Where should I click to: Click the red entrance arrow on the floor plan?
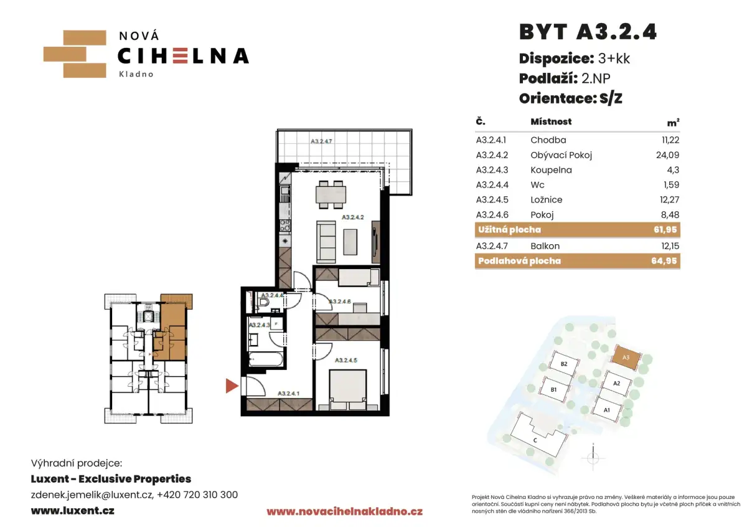tap(232, 386)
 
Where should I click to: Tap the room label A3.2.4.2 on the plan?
tap(352, 217)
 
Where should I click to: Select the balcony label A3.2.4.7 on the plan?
tap(321, 141)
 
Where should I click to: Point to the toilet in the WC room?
tap(264, 303)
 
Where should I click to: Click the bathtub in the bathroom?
tap(266, 360)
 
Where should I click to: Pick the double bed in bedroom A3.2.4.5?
tap(348, 389)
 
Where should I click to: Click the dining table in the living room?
tap(331, 194)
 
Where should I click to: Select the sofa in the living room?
tap(326, 242)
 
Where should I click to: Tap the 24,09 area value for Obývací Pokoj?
tap(667, 155)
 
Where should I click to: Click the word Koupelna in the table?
tap(551, 170)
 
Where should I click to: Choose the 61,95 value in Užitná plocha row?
tap(665, 230)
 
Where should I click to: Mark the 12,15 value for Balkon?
tap(670, 246)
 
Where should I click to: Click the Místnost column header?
tap(551, 121)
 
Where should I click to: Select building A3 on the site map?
tap(626, 358)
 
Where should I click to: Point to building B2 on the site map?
tap(563, 364)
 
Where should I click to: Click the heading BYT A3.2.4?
tap(588, 32)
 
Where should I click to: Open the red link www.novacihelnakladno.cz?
tap(344, 511)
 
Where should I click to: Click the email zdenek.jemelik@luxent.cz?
tap(92, 495)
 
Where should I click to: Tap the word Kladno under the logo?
tap(136, 74)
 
